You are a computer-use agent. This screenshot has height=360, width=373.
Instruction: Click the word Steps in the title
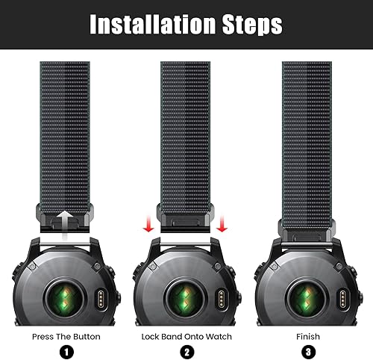[249, 25]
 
